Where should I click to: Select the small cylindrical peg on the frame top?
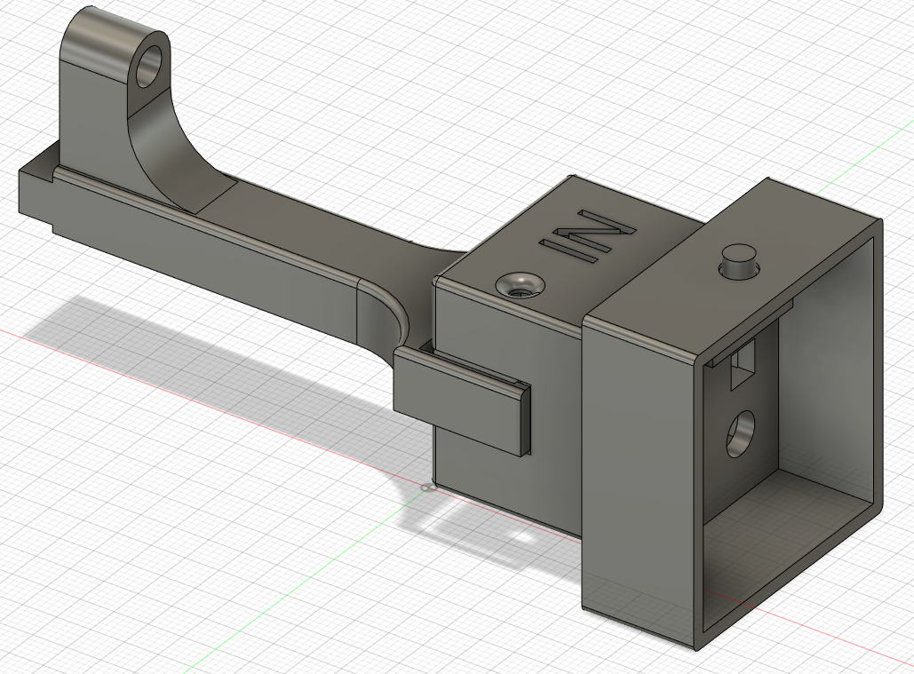[739, 261]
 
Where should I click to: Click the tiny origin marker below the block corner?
[426, 487]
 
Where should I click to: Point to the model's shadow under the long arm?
[178, 337]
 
